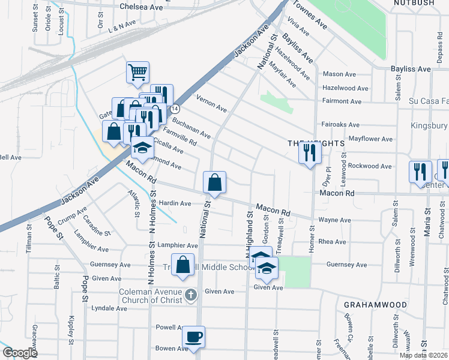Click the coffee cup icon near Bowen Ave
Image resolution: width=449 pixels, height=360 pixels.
click(193, 337)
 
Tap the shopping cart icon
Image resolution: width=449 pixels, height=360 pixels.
click(137, 73)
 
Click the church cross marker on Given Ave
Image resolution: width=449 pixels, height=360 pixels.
click(190, 294)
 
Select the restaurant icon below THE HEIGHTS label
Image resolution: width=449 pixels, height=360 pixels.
click(310, 153)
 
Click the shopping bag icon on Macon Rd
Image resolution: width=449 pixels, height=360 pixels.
click(214, 182)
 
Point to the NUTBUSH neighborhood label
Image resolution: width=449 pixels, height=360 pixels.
click(414, 4)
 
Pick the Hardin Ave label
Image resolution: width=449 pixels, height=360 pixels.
click(174, 203)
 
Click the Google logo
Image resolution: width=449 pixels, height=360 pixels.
click(20, 353)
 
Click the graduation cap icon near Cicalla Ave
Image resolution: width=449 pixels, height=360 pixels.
click(142, 148)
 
